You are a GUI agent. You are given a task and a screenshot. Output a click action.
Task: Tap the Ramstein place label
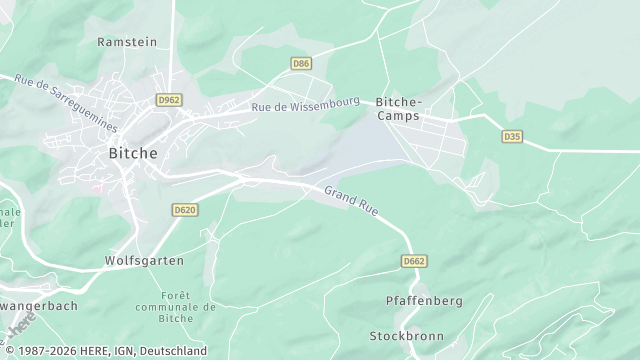tap(127, 42)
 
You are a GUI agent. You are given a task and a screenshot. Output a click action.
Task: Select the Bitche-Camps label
tap(399, 109)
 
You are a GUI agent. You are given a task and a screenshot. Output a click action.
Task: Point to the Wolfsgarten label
tap(144, 260)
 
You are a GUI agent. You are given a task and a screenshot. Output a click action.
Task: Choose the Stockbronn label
tap(406, 336)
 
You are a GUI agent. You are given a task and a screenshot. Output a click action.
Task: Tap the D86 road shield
tap(301, 63)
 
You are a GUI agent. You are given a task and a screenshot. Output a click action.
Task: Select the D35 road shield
tap(512, 135)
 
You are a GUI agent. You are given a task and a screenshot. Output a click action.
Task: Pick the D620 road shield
tap(184, 210)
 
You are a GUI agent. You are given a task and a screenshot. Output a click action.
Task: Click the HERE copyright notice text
tap(104, 352)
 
